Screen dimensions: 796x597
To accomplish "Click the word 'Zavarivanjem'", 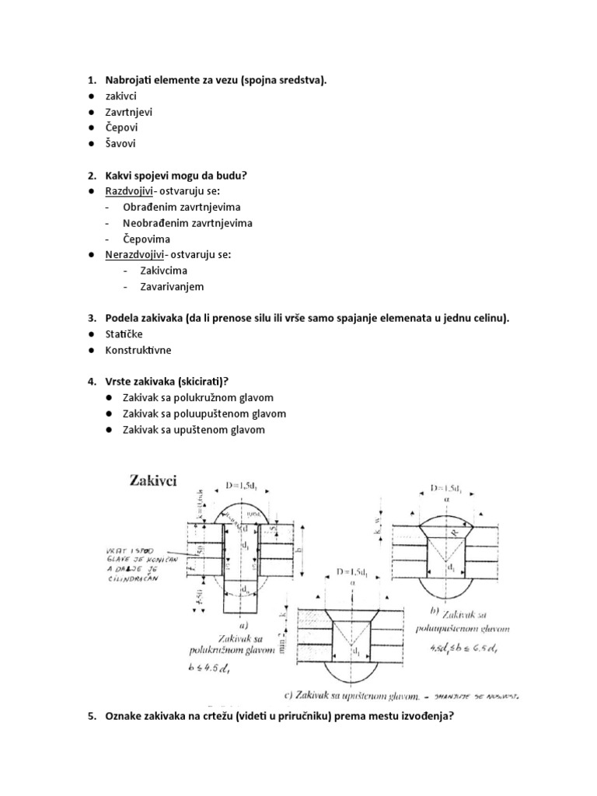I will pyautogui.click(x=172, y=287).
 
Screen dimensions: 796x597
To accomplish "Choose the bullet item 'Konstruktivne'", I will pyautogui.click(x=139, y=351).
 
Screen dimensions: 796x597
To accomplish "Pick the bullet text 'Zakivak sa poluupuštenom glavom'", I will pyautogui.click(x=204, y=414).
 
